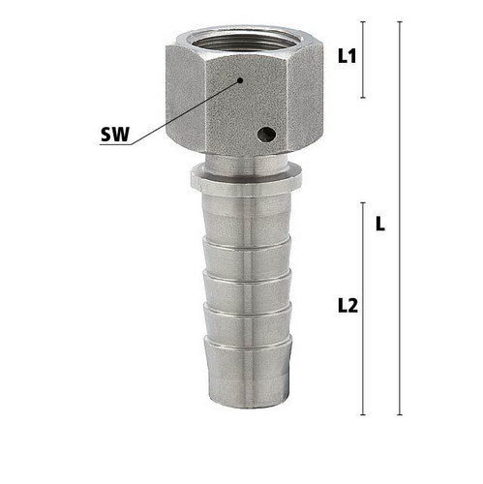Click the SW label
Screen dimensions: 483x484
pos(115,135)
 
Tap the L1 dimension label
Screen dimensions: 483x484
pos(347,56)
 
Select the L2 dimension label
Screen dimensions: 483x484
pos(347,306)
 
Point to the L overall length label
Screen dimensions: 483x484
pos(380,224)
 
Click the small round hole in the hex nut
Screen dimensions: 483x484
pos(266,134)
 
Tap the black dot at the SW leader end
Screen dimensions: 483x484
pos(240,80)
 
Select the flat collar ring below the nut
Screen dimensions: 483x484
pos(246,181)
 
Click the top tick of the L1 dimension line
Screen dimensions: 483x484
pos(363,21)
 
